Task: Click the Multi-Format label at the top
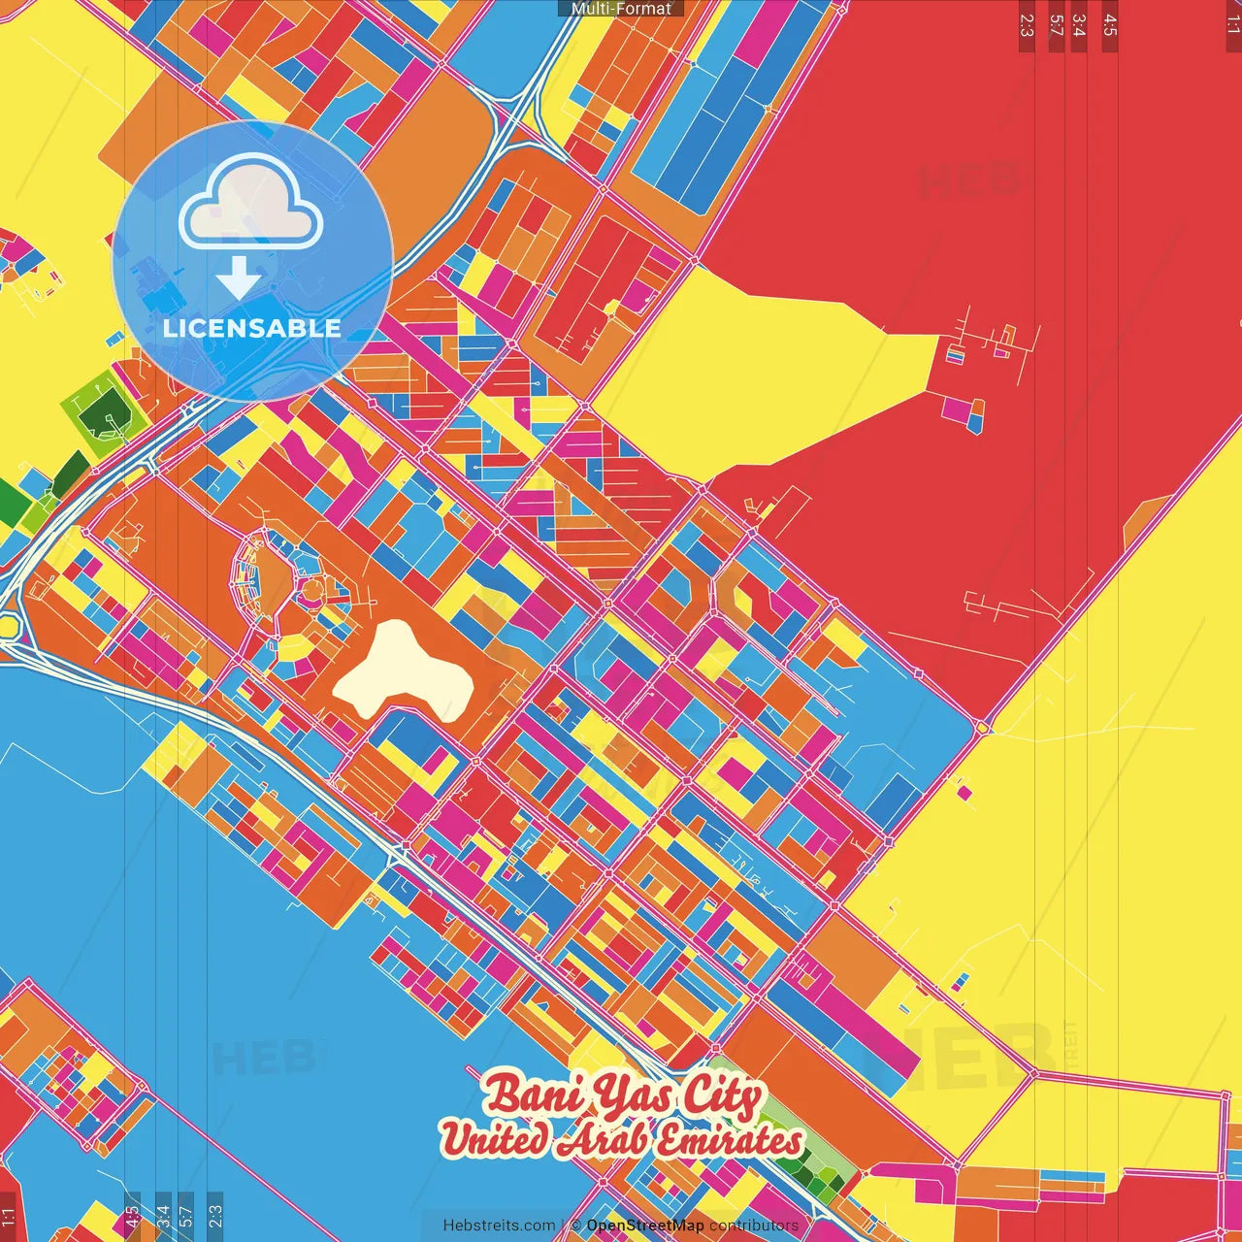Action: click(621, 9)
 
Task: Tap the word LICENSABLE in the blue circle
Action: click(252, 328)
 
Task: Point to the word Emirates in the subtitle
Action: click(727, 1140)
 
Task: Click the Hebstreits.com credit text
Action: click(499, 1226)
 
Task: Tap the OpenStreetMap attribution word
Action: click(645, 1226)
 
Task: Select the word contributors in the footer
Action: click(754, 1226)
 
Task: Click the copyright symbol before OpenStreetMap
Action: click(575, 1226)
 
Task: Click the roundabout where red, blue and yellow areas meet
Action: click(982, 726)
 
